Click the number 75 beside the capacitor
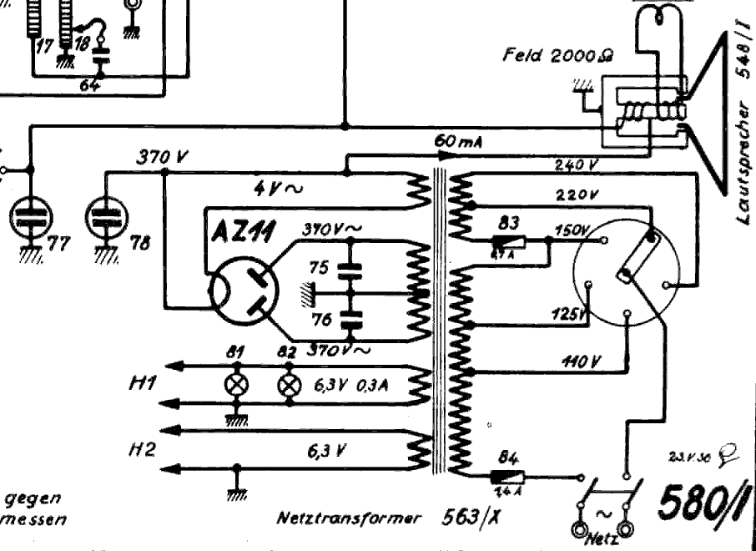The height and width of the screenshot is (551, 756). coord(318,267)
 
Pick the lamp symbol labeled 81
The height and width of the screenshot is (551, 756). coord(238,387)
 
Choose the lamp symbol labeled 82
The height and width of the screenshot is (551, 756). coord(290,387)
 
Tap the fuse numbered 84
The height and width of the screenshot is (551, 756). coord(507,477)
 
